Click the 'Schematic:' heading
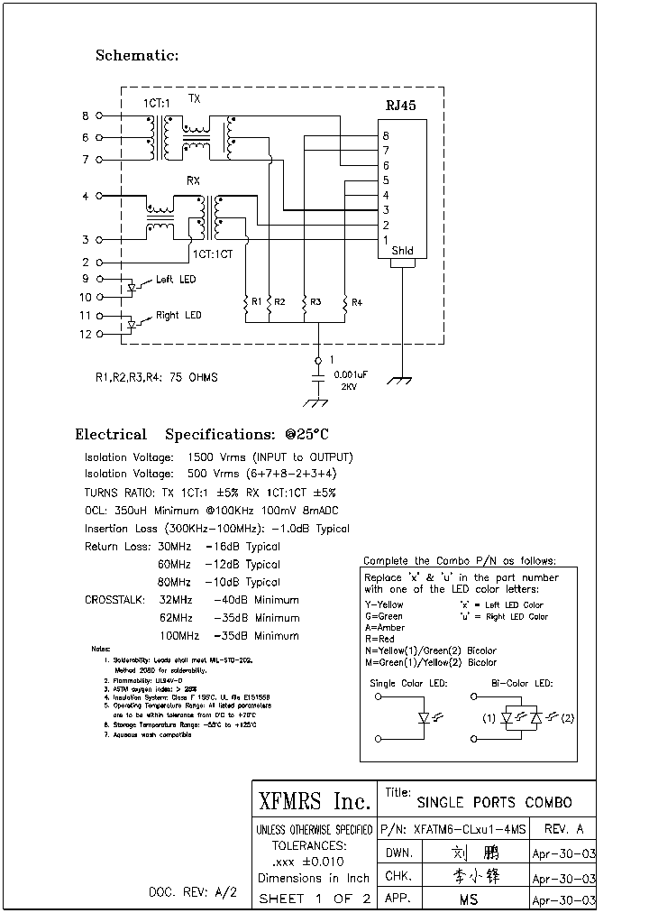137,56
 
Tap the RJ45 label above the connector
400,106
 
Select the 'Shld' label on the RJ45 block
402,251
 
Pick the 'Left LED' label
175,280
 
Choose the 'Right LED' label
178,316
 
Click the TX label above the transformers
194,97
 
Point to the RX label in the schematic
193,181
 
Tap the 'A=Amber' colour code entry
385,627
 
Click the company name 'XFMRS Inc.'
315,802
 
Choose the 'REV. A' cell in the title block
564,829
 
